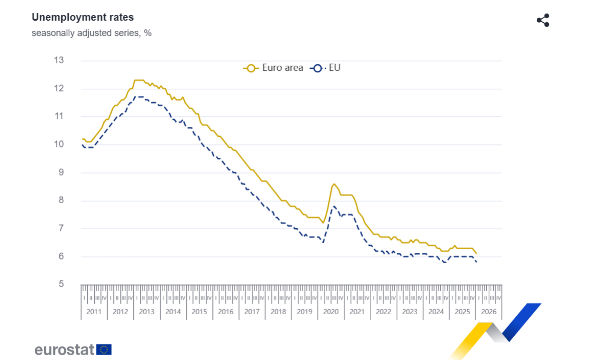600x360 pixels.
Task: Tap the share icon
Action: pos(543,20)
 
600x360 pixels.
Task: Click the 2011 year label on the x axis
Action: pos(94,312)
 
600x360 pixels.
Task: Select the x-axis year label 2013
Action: pos(147,312)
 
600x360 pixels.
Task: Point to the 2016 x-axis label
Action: pos(226,312)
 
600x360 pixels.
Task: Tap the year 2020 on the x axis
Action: pos(331,312)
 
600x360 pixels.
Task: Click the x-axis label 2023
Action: pos(410,312)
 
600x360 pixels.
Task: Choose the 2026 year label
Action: pos(489,312)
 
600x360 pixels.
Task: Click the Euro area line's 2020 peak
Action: pos(334,184)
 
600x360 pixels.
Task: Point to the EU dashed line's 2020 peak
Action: pos(334,206)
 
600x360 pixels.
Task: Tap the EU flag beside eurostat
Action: pos(105,349)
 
